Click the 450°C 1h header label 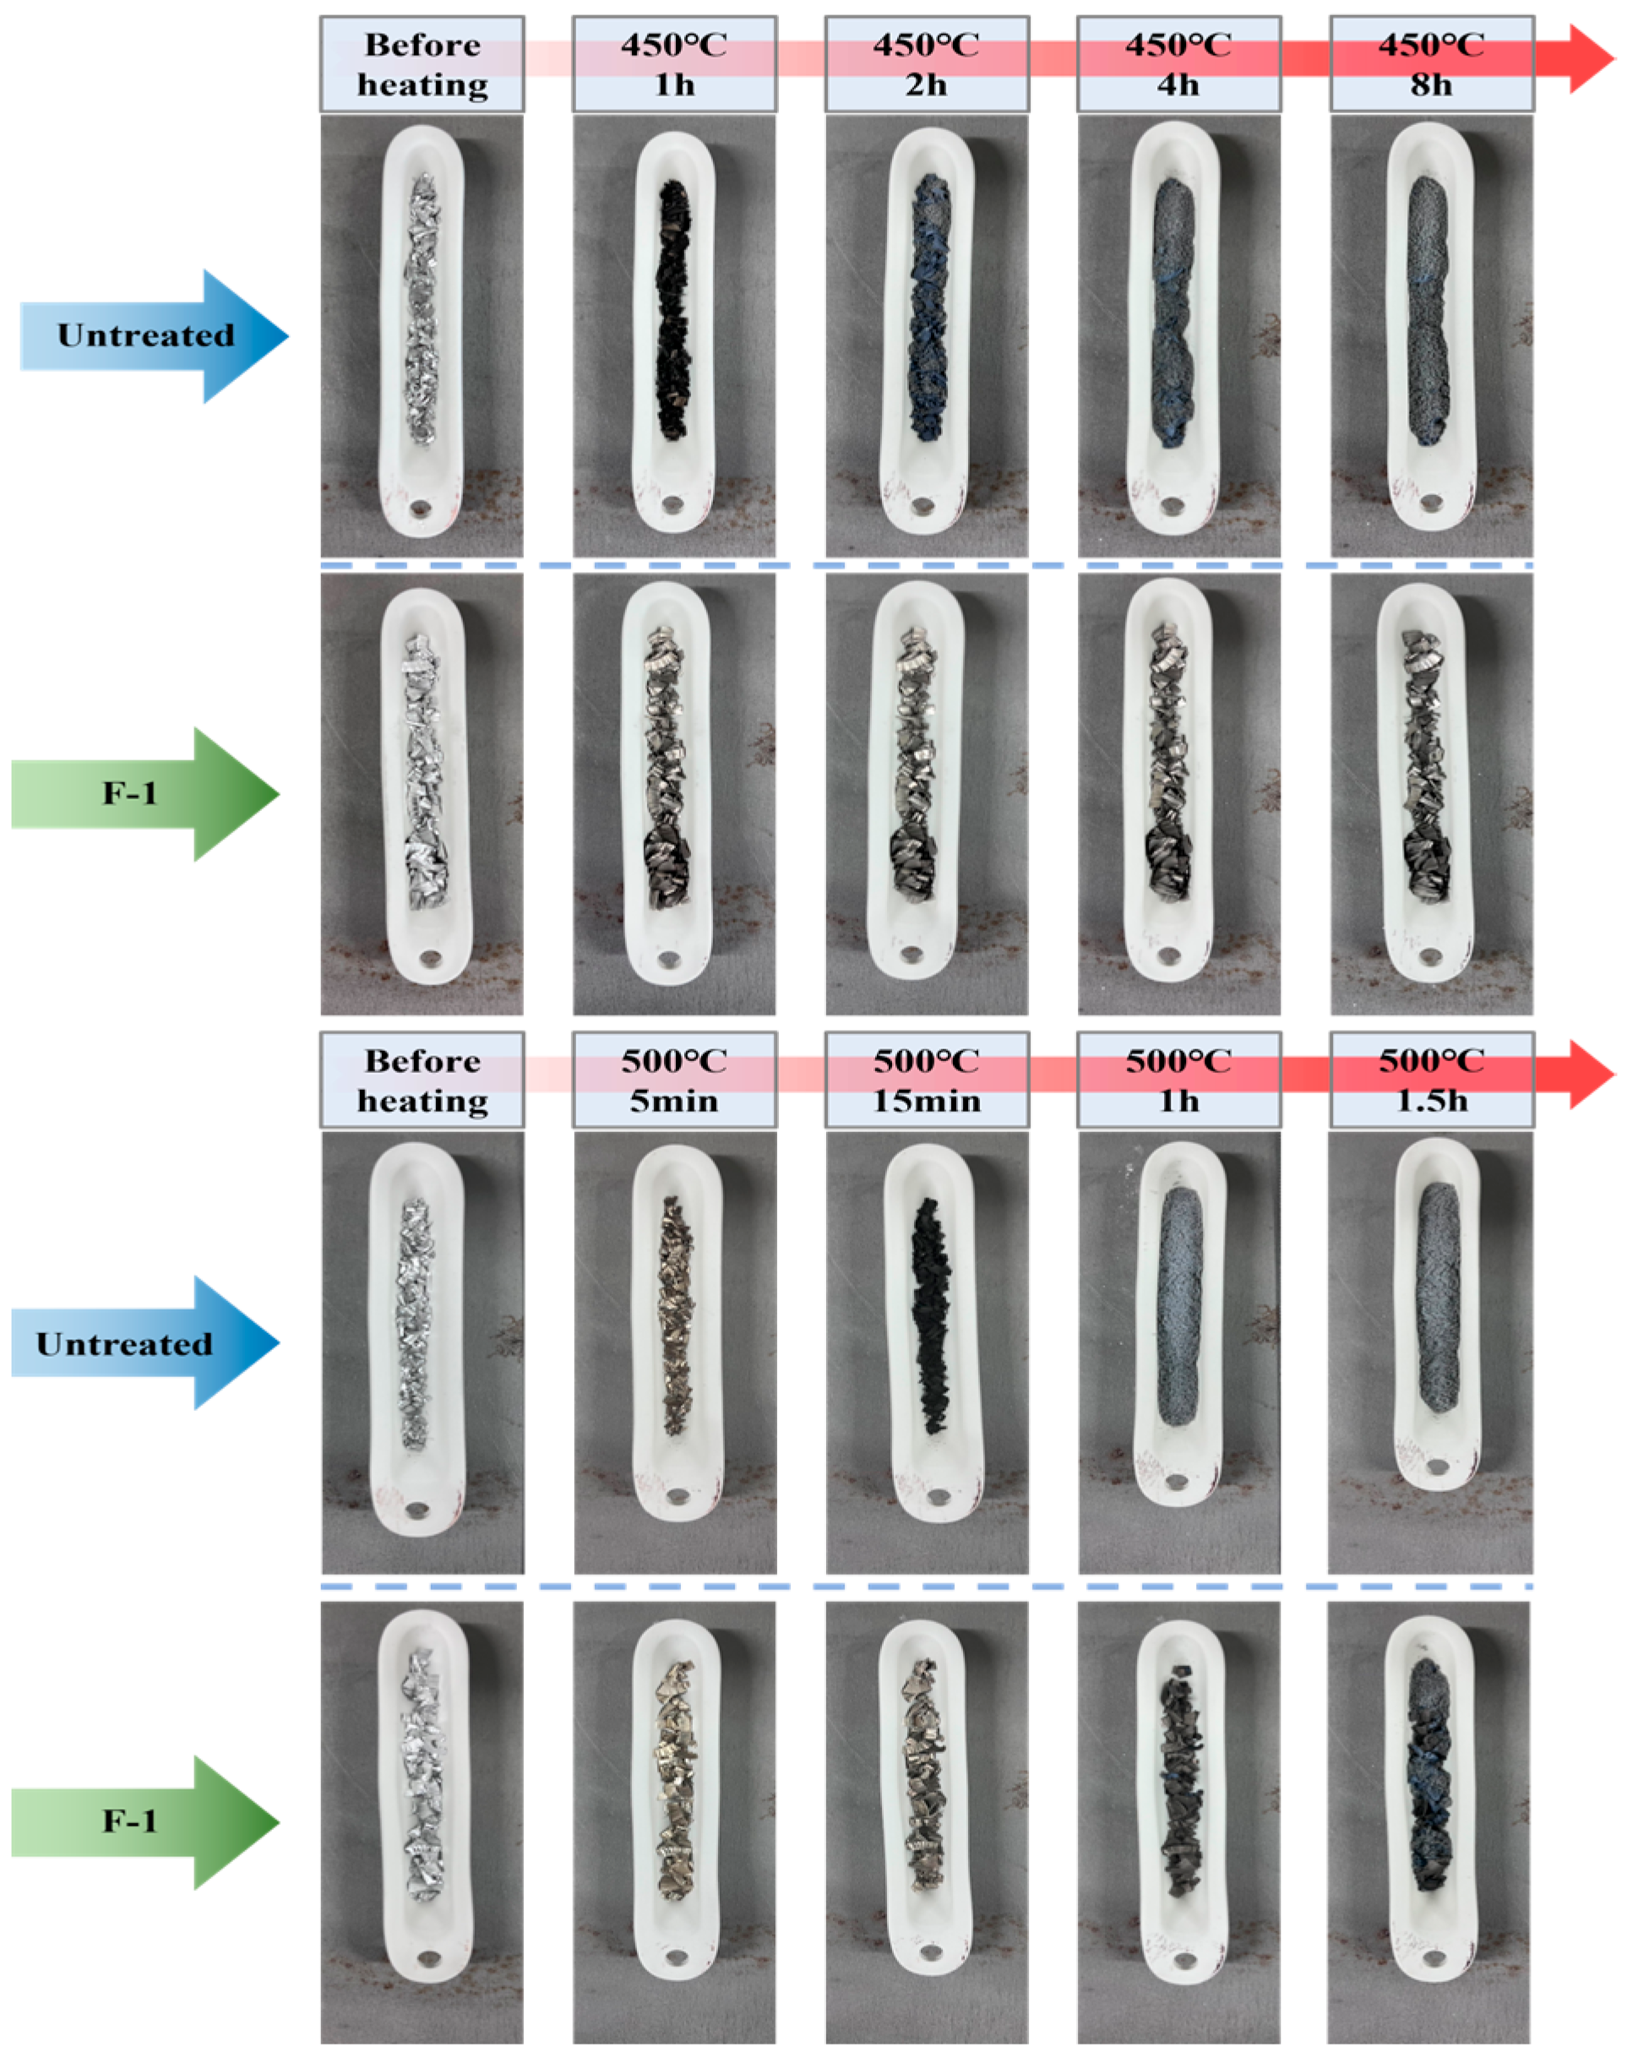[x=673, y=64]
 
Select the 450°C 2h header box [x=926, y=64]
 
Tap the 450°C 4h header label [x=1178, y=64]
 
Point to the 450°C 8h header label [x=1431, y=64]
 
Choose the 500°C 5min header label [x=673, y=1081]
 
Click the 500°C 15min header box [x=926, y=1081]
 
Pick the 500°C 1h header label [x=1178, y=1081]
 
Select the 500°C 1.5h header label [x=1431, y=1081]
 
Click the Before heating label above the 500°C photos [x=422, y=1081]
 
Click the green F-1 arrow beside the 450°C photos [x=143, y=793]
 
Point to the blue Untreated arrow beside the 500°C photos [x=143, y=1343]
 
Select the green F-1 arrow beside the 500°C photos [x=143, y=1821]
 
